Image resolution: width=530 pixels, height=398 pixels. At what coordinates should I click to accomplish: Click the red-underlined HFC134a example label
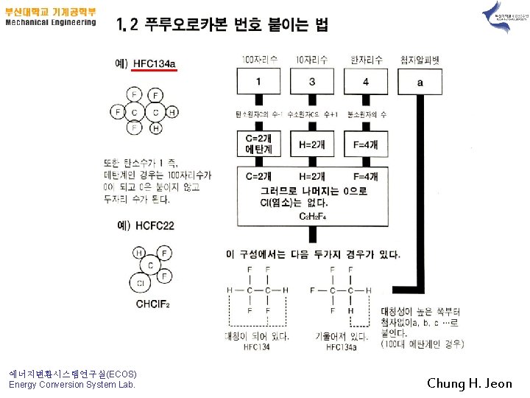point(155,64)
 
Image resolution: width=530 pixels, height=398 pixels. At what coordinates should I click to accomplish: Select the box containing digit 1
point(258,81)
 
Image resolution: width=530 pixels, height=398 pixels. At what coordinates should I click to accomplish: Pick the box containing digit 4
point(366,81)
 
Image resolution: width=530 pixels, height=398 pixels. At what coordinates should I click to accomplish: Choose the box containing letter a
point(420,82)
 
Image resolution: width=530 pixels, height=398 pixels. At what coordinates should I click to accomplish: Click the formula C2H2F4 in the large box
point(313,216)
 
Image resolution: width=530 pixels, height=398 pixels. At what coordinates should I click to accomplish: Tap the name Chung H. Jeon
point(469,383)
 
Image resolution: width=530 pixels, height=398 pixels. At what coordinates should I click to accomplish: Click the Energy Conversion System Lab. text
point(72,384)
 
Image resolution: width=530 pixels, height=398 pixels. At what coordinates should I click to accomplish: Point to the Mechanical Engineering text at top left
point(51,22)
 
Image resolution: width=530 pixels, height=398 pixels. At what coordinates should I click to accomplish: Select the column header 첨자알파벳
point(419,59)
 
